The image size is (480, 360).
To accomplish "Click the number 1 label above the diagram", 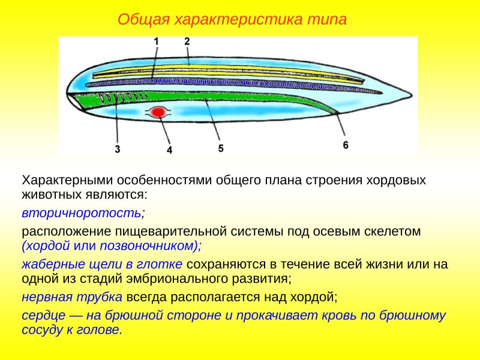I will tap(156, 41).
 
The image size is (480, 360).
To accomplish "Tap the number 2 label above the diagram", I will tap(187, 41).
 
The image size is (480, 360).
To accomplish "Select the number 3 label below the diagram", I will tap(118, 149).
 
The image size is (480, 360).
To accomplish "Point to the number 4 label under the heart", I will tap(169, 151).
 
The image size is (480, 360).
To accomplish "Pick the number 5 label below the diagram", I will tap(221, 148).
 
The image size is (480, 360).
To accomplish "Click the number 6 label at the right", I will tap(346, 145).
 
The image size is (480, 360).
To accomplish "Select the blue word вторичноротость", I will tap(82, 213).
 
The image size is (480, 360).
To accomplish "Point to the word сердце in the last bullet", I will tap(41, 316).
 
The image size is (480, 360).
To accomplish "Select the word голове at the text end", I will tap(100, 330).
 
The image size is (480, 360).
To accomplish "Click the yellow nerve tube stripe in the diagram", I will tap(240, 70).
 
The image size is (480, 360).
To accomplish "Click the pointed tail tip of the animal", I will tap(410, 96).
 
